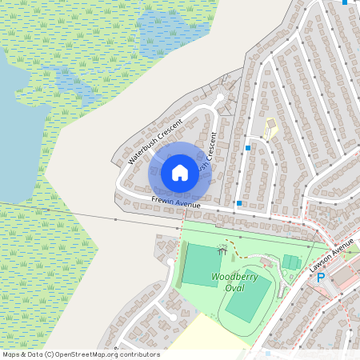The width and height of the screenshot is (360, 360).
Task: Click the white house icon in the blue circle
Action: point(180,172)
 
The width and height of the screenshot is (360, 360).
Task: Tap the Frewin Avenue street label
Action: point(176,204)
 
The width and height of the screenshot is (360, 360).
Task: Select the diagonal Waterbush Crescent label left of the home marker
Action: point(155,142)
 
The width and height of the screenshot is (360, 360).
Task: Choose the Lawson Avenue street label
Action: point(331,258)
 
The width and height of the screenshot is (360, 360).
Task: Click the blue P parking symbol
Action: point(321,278)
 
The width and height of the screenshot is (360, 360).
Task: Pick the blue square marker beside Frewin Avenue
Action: point(239,204)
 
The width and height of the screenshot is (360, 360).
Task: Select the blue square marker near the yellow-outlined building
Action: point(249,148)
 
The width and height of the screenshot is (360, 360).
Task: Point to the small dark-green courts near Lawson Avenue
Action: point(290,262)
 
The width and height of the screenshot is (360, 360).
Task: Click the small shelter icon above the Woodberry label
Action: point(222,250)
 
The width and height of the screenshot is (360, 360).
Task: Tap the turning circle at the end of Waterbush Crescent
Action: point(220,98)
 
